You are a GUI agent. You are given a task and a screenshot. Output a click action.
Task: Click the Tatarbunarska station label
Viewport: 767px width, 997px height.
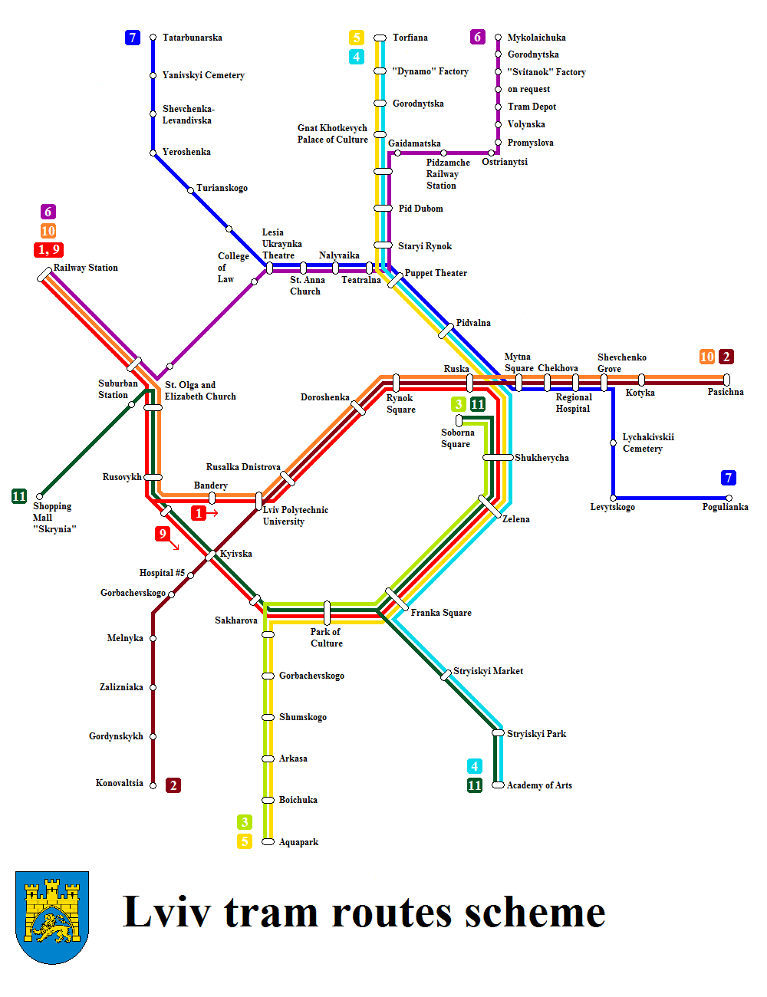click(x=192, y=38)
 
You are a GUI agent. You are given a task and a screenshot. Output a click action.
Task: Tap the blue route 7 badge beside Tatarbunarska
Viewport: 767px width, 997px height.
click(x=133, y=38)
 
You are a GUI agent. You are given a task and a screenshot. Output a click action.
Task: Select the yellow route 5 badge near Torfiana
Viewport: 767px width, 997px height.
click(x=357, y=38)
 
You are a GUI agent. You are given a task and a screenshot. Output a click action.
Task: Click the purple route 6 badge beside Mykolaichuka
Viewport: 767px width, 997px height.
click(x=478, y=37)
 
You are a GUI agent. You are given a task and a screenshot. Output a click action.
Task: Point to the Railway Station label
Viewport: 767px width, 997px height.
click(x=86, y=268)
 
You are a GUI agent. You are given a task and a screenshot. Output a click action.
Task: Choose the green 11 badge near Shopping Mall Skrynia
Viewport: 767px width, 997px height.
click(x=19, y=496)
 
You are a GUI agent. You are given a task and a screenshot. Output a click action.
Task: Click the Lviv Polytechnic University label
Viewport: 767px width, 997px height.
click(x=295, y=515)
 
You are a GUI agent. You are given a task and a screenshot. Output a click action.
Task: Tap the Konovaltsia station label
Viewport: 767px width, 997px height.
click(x=119, y=783)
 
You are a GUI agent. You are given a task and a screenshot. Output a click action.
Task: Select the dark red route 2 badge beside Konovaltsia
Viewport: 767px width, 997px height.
click(x=173, y=785)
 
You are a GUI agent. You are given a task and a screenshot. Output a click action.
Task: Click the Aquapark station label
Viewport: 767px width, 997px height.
click(x=298, y=842)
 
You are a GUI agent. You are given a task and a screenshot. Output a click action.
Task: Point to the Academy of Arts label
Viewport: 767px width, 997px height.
click(x=539, y=785)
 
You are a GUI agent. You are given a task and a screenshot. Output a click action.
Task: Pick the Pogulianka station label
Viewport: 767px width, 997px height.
click(x=725, y=507)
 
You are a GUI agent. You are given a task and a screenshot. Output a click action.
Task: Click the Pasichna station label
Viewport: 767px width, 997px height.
click(x=726, y=392)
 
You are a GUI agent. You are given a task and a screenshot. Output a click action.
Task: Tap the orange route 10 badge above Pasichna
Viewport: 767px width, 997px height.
click(x=707, y=357)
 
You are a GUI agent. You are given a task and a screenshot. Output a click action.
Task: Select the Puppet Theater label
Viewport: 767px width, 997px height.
click(x=436, y=273)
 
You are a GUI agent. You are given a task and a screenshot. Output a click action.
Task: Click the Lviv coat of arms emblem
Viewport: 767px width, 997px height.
click(x=52, y=917)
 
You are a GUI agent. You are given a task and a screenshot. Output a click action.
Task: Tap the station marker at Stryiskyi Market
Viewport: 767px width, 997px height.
click(x=446, y=675)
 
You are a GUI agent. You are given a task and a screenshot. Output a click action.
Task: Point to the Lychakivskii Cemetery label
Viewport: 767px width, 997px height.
click(x=648, y=443)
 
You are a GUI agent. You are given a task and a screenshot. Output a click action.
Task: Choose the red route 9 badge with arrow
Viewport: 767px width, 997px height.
click(x=163, y=534)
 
